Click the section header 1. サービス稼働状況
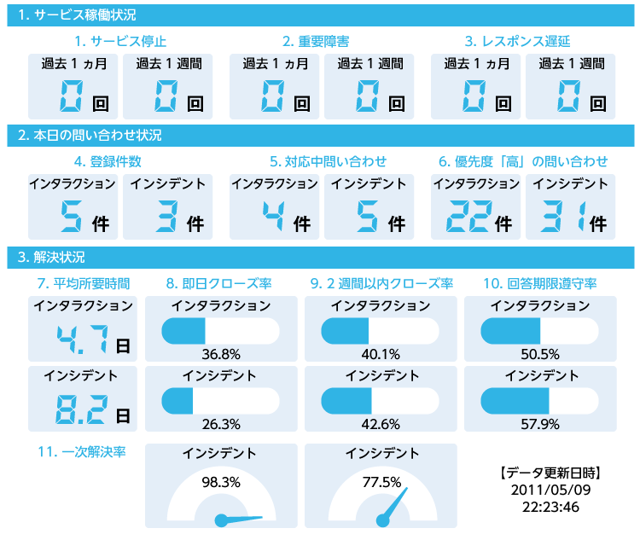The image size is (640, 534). tap(77, 15)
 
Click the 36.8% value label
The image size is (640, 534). tap(221, 354)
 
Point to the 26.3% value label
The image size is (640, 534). tap(221, 424)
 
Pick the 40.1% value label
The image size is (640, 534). tap(381, 354)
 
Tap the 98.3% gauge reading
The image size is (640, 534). tap(221, 481)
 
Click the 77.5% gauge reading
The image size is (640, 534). tap(381, 481)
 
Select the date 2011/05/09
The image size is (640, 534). tap(550, 490)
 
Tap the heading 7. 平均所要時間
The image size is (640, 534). tap(83, 282)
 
